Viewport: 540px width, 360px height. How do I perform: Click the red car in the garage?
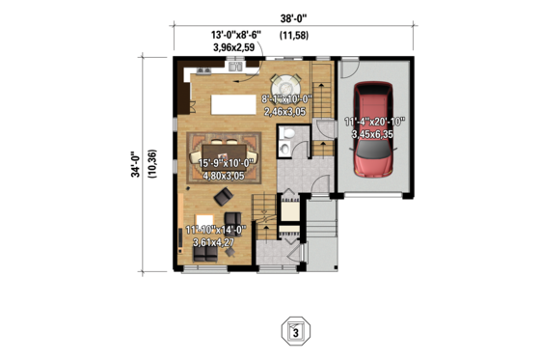[x=373, y=130]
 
